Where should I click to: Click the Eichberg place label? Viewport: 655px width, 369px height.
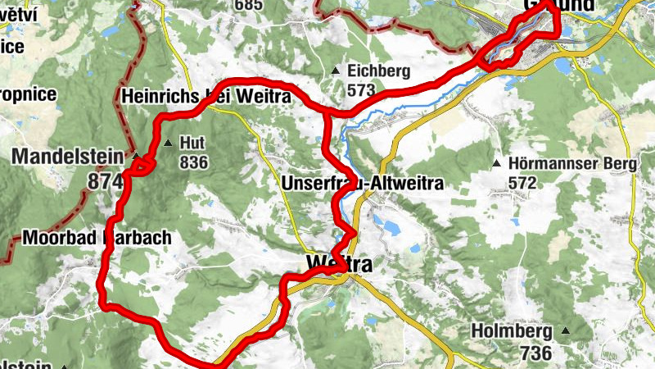point(373,71)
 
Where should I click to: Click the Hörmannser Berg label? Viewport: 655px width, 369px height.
point(572,163)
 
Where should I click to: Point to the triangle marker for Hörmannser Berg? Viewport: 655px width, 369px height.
point(496,163)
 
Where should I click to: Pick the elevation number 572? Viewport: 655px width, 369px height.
point(522,182)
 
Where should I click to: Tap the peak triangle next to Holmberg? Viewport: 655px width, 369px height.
point(564,332)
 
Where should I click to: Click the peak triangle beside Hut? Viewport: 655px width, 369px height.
point(168,143)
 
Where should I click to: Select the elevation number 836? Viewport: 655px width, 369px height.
point(193,162)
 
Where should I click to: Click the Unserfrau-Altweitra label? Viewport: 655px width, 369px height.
point(361,183)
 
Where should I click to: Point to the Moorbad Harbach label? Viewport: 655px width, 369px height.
point(97,239)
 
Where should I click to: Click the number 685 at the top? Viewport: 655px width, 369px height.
point(246,5)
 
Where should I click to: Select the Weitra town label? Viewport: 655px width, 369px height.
point(339,265)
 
